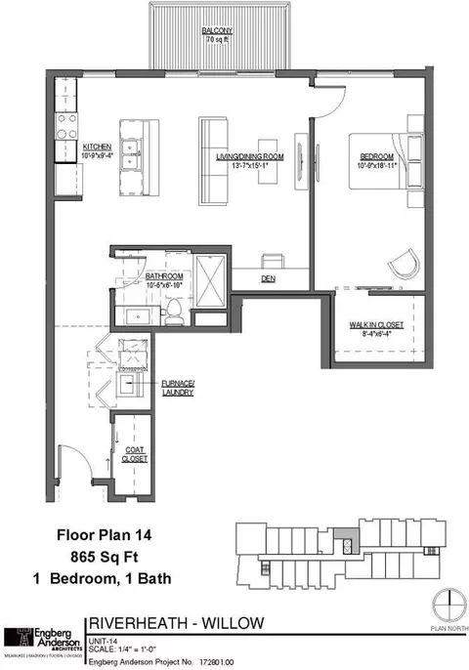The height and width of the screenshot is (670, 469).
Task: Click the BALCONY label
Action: [217, 31]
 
